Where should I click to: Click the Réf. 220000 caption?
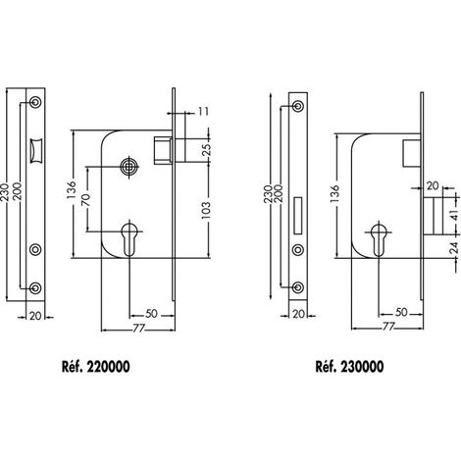[x=96, y=367]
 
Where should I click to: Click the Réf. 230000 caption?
[x=349, y=367]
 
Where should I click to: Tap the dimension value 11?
[x=203, y=112]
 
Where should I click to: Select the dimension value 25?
[x=207, y=149]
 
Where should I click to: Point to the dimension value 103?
[x=206, y=210]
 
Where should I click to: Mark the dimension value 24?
[x=454, y=248]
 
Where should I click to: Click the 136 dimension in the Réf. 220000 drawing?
[x=71, y=189]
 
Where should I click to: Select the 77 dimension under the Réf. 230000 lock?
[x=387, y=326]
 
